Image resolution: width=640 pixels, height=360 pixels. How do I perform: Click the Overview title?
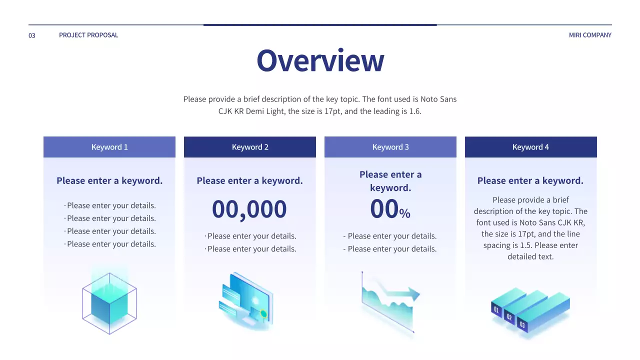click(320, 60)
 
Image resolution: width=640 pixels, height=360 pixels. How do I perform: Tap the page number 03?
click(32, 35)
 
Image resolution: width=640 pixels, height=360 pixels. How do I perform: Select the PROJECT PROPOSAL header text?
click(88, 35)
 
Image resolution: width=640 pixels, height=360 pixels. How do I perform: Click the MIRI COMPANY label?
click(590, 35)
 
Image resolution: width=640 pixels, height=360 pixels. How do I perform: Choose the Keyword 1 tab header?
click(109, 147)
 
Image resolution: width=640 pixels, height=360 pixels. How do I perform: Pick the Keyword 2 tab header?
click(250, 147)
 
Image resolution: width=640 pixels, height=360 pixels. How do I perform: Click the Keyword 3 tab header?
click(390, 147)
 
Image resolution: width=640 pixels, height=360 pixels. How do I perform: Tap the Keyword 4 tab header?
click(530, 147)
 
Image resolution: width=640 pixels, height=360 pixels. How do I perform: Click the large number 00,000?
click(249, 209)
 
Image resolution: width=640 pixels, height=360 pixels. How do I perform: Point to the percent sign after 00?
click(405, 214)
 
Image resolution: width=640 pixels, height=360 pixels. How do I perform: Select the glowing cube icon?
click(109, 302)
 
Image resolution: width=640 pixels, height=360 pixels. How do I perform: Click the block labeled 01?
click(496, 309)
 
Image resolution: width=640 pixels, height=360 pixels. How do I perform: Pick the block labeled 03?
click(522, 324)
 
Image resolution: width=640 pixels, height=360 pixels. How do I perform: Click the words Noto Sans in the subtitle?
click(438, 99)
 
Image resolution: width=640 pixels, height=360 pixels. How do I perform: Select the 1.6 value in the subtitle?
click(415, 111)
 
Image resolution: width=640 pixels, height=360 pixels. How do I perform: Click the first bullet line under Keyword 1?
click(110, 205)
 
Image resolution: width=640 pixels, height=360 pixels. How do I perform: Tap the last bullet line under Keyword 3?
click(390, 249)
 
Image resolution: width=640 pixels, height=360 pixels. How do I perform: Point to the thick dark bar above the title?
click(320, 24)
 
